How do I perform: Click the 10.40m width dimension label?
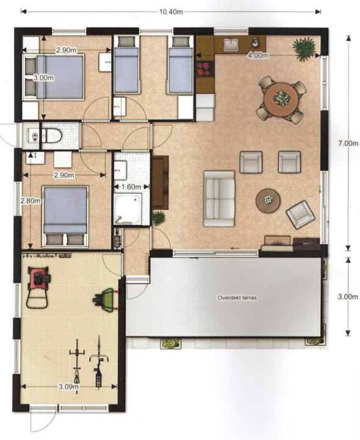pyautogui.click(x=171, y=12)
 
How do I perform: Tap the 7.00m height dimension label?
pyautogui.click(x=348, y=143)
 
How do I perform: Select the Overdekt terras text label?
pyautogui.click(x=237, y=298)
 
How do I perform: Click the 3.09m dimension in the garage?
pyautogui.click(x=68, y=387)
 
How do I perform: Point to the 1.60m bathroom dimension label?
pyautogui.click(x=131, y=187)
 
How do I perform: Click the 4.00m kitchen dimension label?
pyautogui.click(x=257, y=56)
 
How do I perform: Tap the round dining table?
pyautogui.click(x=281, y=99)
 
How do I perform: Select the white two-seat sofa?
pyautogui.click(x=219, y=198)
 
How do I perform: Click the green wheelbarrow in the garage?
pyautogui.click(x=106, y=300)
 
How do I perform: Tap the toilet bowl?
pyautogui.click(x=51, y=136)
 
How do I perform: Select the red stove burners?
pyautogui.click(x=205, y=70)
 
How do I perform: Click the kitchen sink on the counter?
pyautogui.click(x=231, y=45)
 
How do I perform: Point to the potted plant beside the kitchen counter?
pyautogui.click(x=304, y=48)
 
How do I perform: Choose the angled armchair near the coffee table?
pyautogui.click(x=300, y=214)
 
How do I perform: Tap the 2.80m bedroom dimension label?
pyautogui.click(x=31, y=201)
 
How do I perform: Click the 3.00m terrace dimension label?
pyautogui.click(x=348, y=297)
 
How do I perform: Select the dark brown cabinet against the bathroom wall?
pyautogui.click(x=160, y=182)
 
